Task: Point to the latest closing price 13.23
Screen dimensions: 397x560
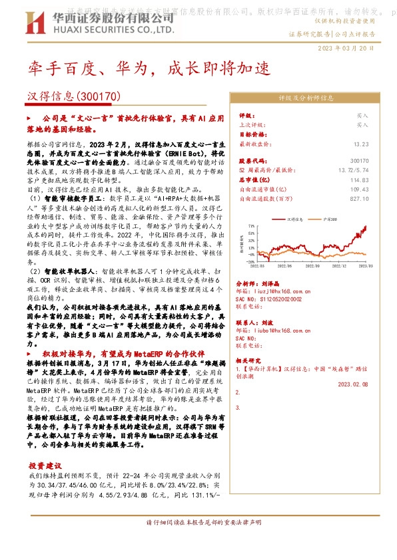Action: (x=361, y=143)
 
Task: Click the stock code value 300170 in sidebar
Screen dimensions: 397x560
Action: (x=359, y=161)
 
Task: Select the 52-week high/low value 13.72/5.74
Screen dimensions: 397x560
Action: (x=354, y=170)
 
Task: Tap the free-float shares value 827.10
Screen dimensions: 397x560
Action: (x=358, y=198)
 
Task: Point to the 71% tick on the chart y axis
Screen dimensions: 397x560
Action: (x=250, y=225)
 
